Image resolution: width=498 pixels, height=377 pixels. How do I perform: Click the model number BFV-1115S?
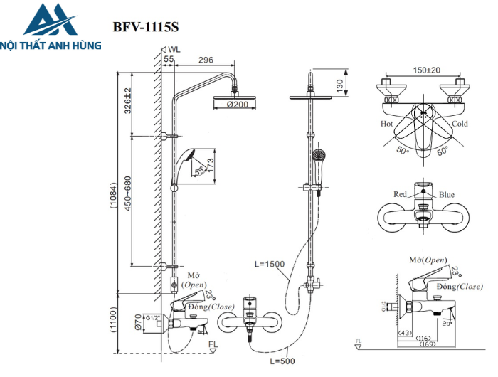pos(146,28)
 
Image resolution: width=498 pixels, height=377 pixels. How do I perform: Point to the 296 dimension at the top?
pos(206,60)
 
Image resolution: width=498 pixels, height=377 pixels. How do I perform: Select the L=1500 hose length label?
pos(269,264)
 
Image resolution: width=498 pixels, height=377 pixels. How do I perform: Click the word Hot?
pos(386,123)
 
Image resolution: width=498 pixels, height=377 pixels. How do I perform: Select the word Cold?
pos(460,123)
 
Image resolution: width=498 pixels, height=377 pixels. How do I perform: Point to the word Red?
pos(401,194)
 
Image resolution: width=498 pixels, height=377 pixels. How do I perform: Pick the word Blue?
pos(446,194)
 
